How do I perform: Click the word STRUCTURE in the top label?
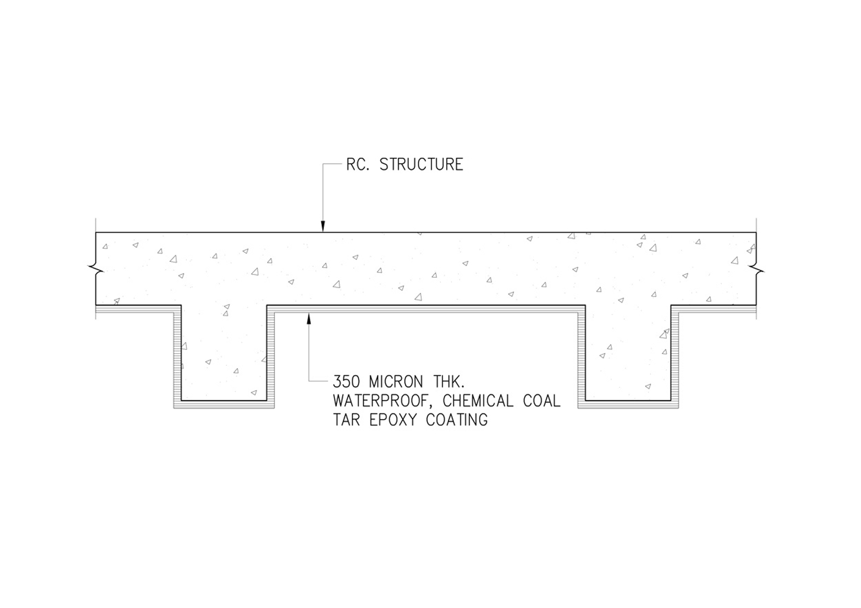pos(421,164)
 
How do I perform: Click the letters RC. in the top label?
pos(358,164)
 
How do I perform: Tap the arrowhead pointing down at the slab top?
pos(323,227)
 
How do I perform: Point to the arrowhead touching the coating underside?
pos(308,319)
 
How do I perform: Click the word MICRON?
pos(396,382)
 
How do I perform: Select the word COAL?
pos(542,401)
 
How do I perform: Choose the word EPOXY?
pos(393,420)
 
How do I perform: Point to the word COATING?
pos(457,420)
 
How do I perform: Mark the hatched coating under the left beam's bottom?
pos(224,405)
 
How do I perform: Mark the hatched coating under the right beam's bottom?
pos(628,405)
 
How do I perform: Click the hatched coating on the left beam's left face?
pos(177,357)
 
